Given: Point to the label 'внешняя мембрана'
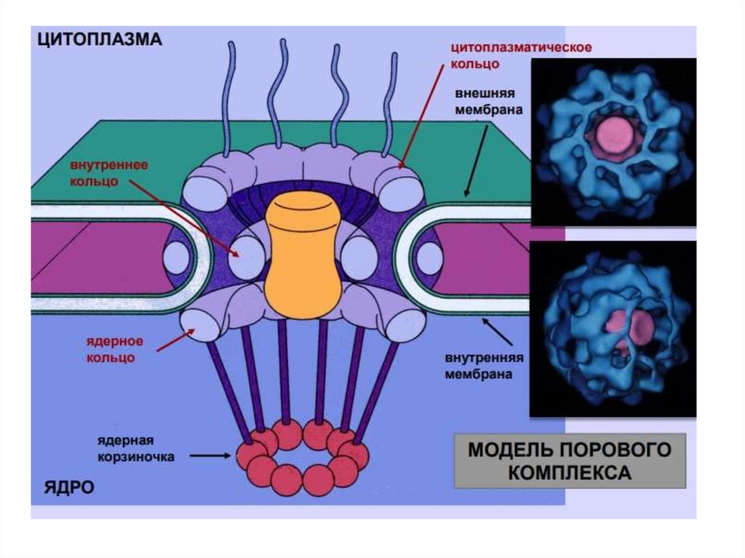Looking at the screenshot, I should coord(487,103).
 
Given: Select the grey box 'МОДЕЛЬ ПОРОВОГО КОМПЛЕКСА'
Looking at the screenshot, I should coord(570,461).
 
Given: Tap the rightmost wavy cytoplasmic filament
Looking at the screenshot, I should coord(391,102).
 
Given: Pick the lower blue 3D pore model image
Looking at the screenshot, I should coord(613,328).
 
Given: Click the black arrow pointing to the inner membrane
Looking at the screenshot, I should coord(499,332).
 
